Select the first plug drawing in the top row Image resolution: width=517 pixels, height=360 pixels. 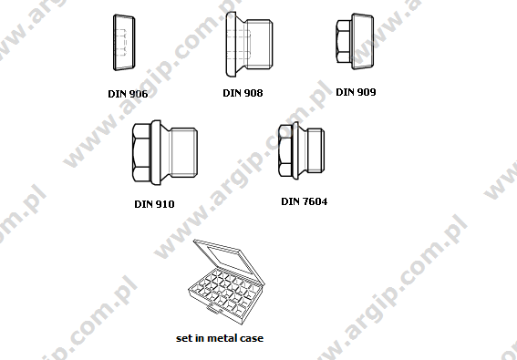click(121, 44)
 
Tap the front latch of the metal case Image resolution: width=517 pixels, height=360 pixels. click(216, 320)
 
